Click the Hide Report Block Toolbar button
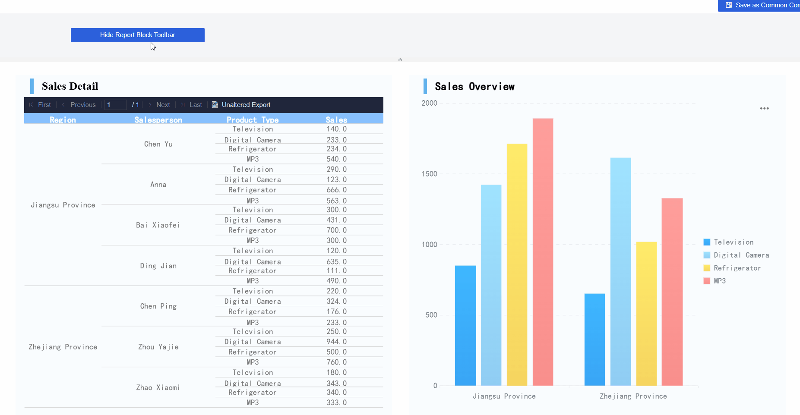(137, 35)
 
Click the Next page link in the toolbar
(163, 105)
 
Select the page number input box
(115, 105)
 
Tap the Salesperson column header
(158, 119)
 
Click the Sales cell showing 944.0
(336, 342)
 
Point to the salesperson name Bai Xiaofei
(158, 225)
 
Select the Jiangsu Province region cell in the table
(63, 205)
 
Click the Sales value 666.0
(336, 190)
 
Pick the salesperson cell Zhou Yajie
(158, 347)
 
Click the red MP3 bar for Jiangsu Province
(543, 252)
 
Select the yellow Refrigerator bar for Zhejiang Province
(646, 314)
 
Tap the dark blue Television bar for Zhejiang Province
(594, 340)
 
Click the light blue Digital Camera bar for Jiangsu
(491, 285)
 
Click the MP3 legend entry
(719, 281)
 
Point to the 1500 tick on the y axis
(429, 174)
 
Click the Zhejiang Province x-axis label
(633, 396)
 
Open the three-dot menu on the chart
(764, 108)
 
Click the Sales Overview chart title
(474, 87)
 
